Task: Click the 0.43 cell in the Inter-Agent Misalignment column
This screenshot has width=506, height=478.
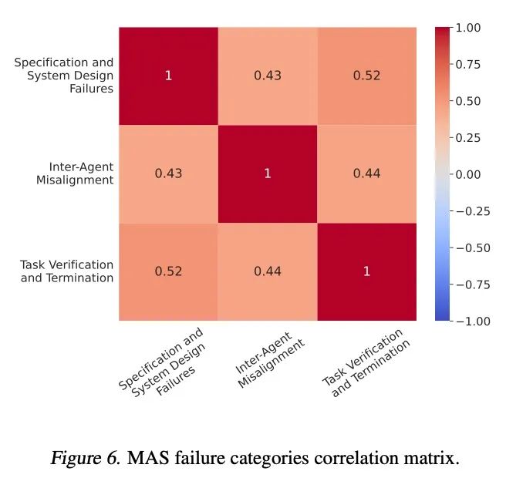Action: coord(268,76)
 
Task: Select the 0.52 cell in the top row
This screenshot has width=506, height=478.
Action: coord(366,76)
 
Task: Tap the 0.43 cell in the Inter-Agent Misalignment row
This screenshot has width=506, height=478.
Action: coord(168,173)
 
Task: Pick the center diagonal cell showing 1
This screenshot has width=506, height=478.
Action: coord(268,173)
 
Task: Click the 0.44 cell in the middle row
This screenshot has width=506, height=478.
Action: coord(366,173)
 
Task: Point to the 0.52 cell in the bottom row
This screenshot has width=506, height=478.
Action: coord(168,271)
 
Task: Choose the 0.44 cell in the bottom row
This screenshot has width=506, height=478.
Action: coord(268,271)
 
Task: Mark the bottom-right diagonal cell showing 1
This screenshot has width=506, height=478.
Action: coord(366,271)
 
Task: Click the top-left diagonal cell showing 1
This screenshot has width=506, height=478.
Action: coord(168,76)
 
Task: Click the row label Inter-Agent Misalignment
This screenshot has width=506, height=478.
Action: coord(81,173)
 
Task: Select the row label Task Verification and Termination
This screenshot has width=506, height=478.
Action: coord(67,271)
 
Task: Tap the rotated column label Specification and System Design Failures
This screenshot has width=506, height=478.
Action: coord(162,362)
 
